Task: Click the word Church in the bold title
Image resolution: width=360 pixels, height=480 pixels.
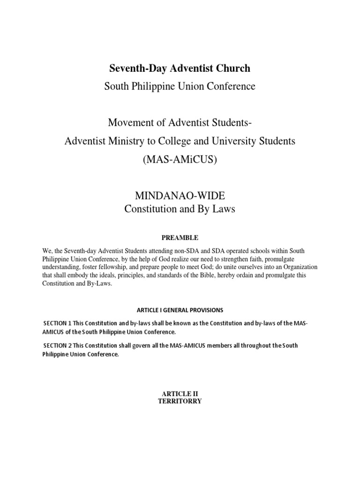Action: click(232, 68)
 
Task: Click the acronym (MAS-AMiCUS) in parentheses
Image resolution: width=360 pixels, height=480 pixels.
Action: click(180, 159)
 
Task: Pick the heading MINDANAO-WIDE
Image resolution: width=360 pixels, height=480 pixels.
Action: click(180, 196)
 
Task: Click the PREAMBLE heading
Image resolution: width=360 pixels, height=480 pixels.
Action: click(180, 238)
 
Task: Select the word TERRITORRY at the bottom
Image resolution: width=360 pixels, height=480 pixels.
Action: click(180, 402)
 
